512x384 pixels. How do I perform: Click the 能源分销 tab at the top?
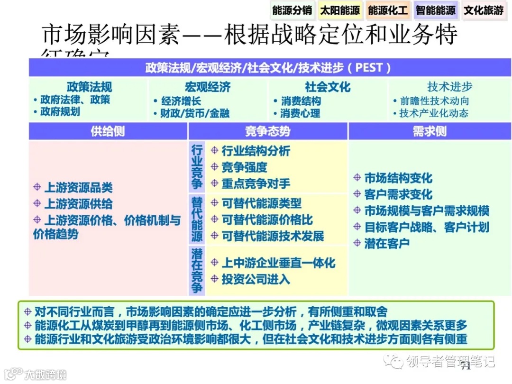292,10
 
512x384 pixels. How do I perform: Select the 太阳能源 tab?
340,10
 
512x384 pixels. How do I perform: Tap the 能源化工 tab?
388,10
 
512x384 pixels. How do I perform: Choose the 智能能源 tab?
436,10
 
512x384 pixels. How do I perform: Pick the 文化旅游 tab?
484,10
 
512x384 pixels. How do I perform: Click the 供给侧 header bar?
108,131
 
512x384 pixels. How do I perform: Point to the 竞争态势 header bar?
268,131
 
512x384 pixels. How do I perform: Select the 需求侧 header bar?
430,131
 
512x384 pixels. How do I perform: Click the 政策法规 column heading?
89,87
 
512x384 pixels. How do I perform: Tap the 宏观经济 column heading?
208,87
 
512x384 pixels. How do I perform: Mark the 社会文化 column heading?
328,87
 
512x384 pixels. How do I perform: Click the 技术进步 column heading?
449,87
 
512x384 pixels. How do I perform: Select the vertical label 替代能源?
197,219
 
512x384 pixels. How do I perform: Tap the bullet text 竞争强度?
244,167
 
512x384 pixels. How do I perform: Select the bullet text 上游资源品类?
78,188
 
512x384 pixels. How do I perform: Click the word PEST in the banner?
369,68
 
